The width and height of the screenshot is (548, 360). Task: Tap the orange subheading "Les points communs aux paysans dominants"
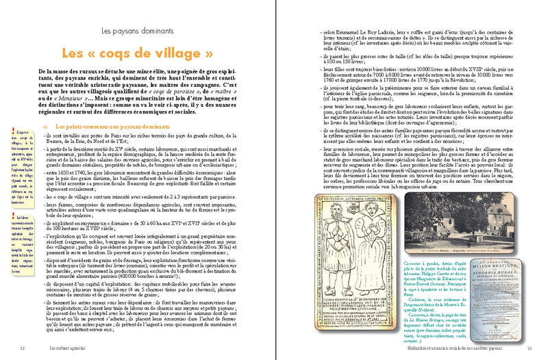(x=108, y=127)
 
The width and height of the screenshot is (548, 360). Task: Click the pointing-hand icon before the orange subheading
(x=45, y=127)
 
